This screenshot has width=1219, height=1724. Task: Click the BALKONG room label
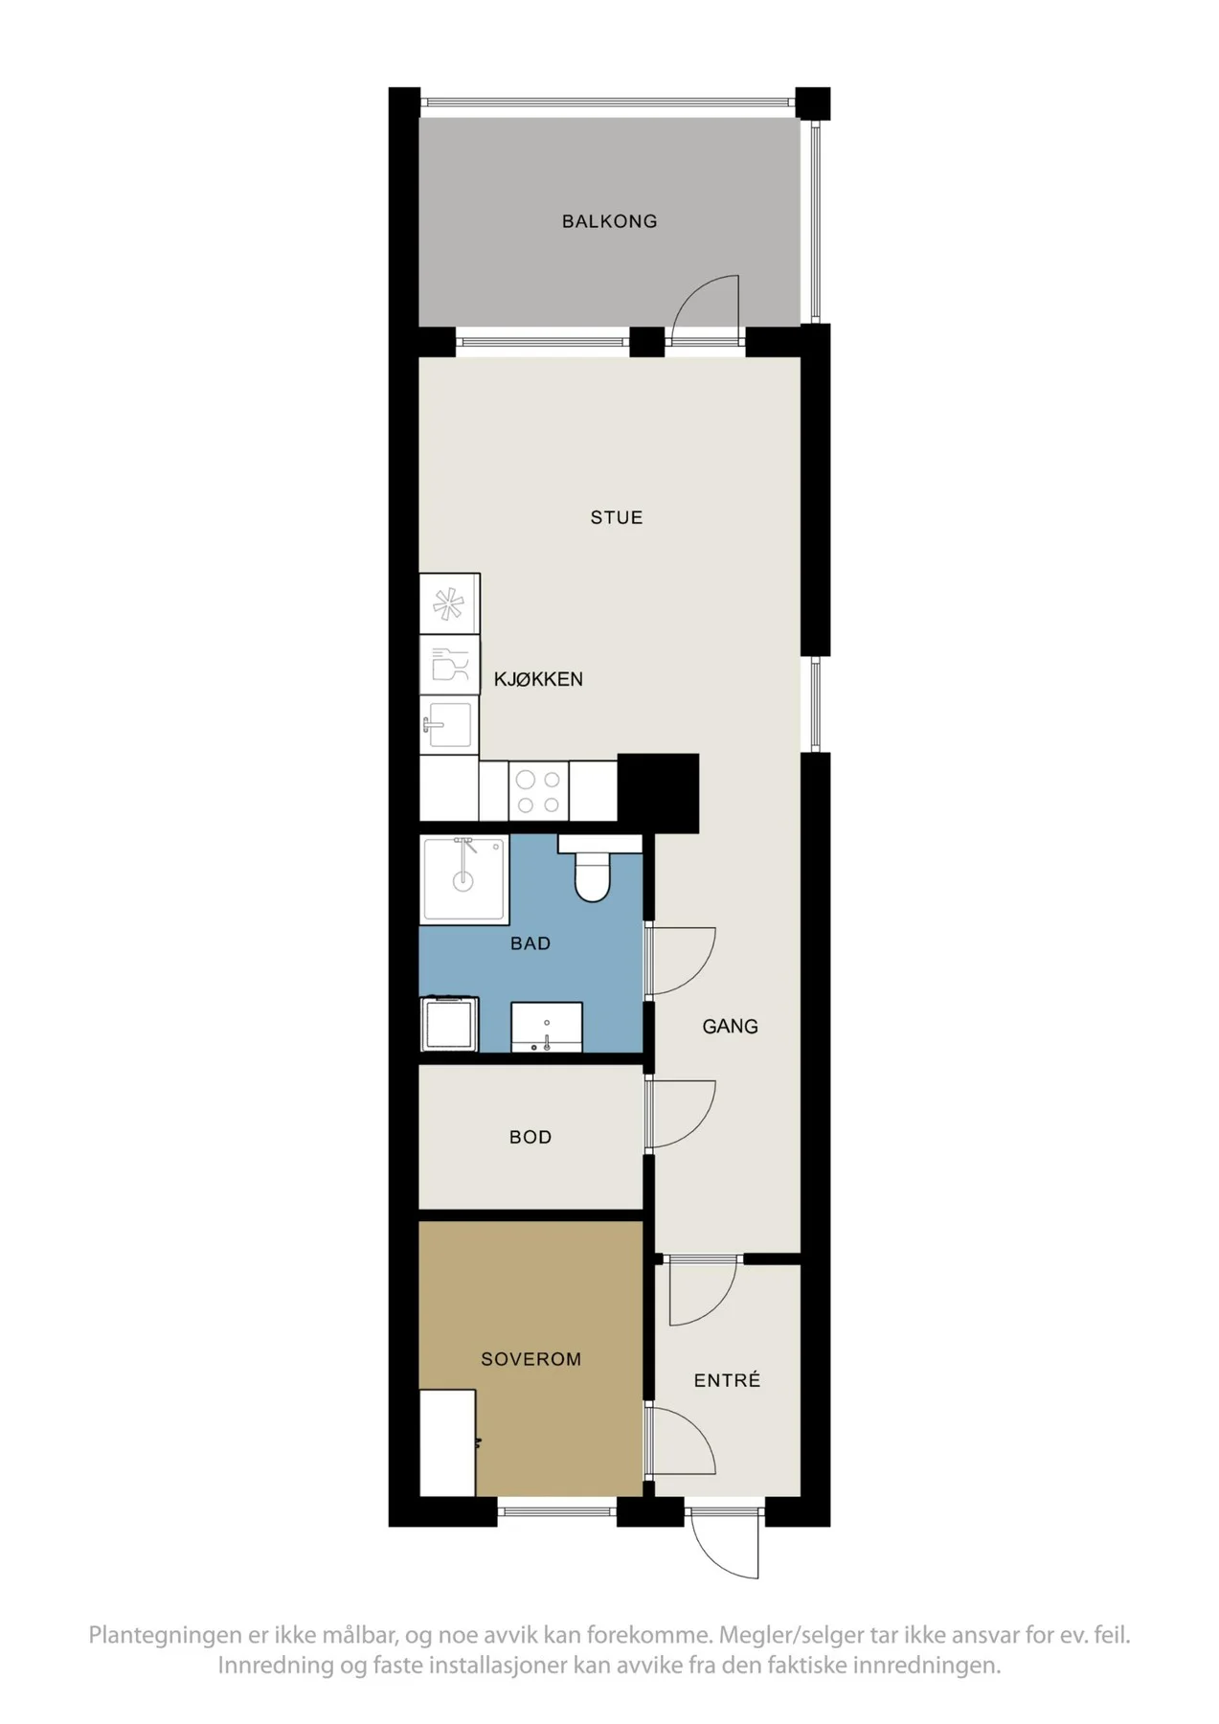[x=609, y=221]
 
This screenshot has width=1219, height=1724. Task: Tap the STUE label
[x=616, y=517]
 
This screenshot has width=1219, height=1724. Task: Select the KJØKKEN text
[x=538, y=679]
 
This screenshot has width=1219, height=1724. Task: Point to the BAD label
[x=530, y=943]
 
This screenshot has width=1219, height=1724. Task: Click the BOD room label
[x=530, y=1137]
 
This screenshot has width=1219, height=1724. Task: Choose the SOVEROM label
[x=530, y=1359]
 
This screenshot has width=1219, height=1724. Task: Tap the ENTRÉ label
[x=727, y=1379]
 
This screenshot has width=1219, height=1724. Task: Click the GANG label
[x=730, y=1026]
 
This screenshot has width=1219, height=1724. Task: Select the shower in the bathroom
[x=464, y=879]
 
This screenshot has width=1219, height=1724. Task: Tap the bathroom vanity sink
[x=547, y=1028]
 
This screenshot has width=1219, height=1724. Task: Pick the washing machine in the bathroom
[x=450, y=1024]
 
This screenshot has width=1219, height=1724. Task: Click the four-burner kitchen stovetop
[x=538, y=791]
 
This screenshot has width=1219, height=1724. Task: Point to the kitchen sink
[x=448, y=725]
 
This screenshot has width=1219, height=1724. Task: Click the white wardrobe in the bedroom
[x=447, y=1442]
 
